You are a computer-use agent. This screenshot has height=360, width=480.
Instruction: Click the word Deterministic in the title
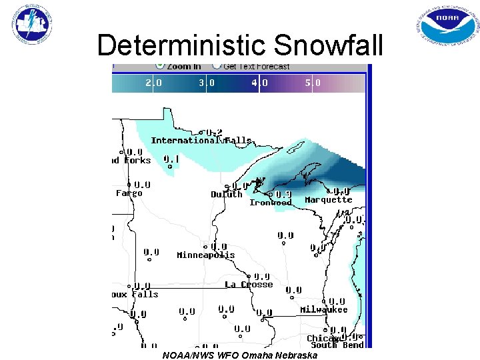[x=182, y=45]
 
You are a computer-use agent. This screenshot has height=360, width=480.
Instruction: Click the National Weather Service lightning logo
[x=32, y=25]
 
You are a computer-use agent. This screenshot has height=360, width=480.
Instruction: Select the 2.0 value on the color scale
[x=153, y=83]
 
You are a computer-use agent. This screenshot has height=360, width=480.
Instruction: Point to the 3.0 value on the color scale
[x=207, y=83]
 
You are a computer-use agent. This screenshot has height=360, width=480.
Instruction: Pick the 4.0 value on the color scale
[x=259, y=83]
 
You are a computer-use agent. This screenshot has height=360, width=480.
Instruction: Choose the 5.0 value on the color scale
[x=313, y=83]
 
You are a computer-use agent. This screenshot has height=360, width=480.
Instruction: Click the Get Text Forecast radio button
[x=217, y=66]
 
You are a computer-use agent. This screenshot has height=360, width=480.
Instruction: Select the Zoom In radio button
[x=160, y=66]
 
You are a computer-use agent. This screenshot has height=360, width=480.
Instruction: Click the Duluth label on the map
[x=227, y=195]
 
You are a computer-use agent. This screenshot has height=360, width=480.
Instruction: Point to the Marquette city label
[x=328, y=200]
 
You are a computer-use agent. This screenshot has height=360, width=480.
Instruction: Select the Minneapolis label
[x=205, y=255]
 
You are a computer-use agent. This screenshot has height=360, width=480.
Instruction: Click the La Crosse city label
[x=249, y=285]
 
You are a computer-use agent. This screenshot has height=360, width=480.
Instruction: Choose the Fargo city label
[x=129, y=193]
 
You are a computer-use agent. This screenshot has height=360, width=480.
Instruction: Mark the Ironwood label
[x=270, y=203]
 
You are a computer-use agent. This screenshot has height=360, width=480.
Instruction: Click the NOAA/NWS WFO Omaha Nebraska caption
[x=240, y=355]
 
